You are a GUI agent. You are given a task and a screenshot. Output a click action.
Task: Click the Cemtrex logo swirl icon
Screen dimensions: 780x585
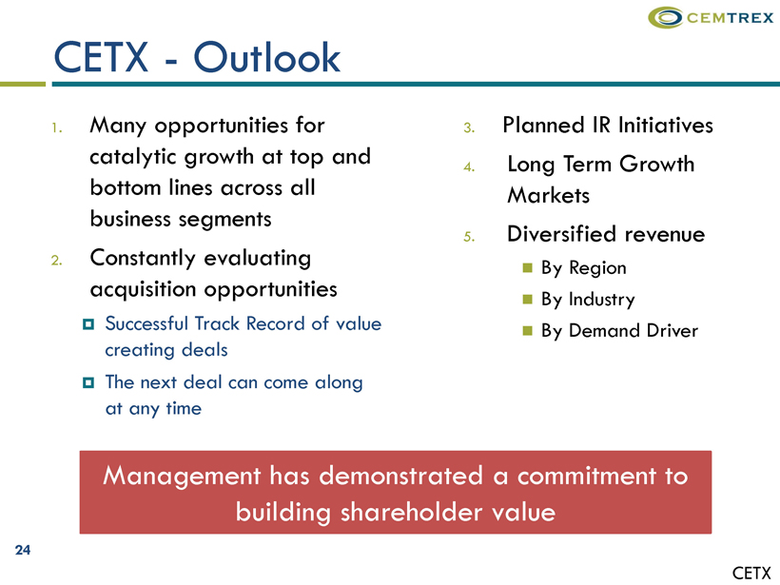point(666,17)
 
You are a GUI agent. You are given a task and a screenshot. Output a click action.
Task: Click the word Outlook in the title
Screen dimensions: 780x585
point(266,58)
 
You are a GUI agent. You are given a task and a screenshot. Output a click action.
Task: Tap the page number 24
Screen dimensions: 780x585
point(23,550)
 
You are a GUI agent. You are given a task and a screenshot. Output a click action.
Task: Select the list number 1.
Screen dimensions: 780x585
point(57,128)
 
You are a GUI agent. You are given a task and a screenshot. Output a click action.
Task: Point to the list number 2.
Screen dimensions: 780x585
point(57,261)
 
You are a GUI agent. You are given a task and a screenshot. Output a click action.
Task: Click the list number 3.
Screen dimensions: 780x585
point(469,128)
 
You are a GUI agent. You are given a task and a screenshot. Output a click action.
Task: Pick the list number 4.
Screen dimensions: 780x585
point(469,167)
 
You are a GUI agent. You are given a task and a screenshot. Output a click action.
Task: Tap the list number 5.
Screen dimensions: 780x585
point(469,237)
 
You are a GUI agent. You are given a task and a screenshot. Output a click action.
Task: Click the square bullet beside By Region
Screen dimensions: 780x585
point(528,268)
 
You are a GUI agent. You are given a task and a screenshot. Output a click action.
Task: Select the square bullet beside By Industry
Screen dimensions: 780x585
point(528,300)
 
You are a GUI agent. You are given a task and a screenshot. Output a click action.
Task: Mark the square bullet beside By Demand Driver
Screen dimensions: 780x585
point(528,331)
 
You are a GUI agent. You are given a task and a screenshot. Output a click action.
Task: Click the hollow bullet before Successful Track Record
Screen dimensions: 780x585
point(88,324)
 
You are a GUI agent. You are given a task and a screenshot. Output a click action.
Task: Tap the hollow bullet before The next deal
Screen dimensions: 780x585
point(88,383)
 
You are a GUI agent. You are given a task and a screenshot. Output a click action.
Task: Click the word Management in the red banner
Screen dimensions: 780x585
point(182,477)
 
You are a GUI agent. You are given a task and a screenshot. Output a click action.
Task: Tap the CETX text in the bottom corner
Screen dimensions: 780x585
point(751,573)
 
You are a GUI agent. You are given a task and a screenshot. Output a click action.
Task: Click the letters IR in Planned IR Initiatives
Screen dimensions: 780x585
point(601,125)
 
